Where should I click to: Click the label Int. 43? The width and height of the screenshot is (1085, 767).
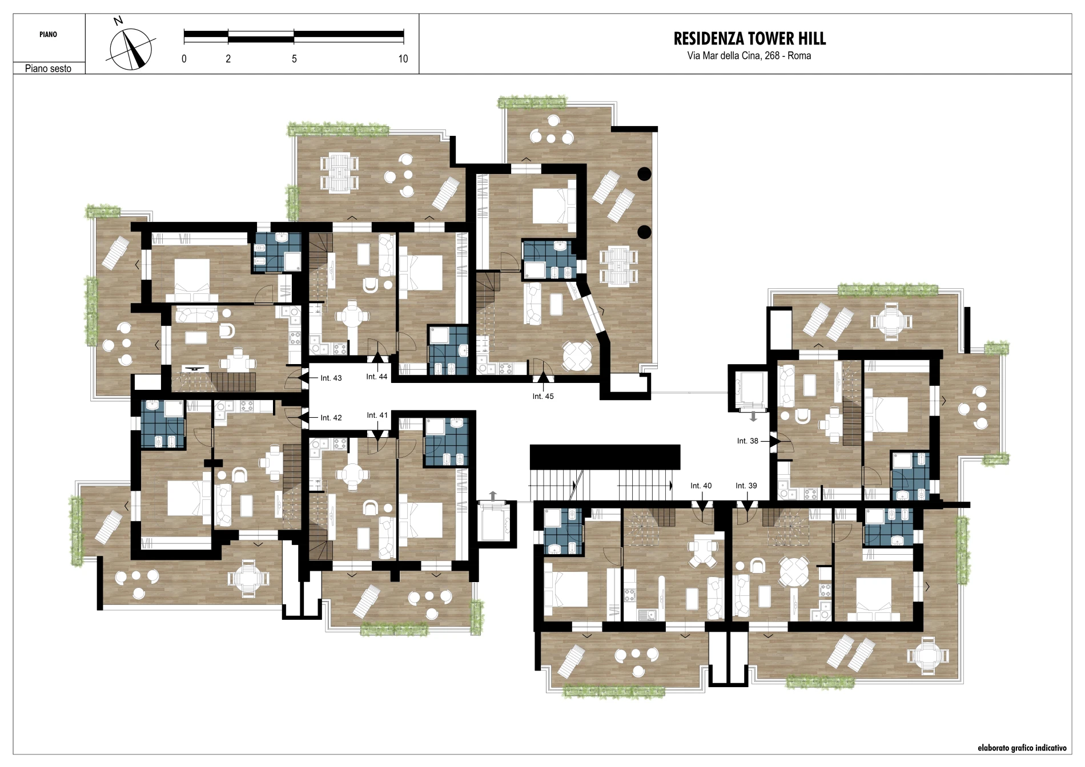coord(331,378)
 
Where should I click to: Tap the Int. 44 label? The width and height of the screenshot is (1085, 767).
coord(377,377)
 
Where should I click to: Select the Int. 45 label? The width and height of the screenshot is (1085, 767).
coord(543,396)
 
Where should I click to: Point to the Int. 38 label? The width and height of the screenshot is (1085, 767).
coord(748,441)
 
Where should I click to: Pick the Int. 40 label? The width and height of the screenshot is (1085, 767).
coord(701,486)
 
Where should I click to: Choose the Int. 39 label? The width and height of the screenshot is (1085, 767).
coord(746,486)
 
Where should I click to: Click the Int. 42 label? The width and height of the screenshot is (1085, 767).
coord(331,418)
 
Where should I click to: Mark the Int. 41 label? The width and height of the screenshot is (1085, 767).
coord(377,415)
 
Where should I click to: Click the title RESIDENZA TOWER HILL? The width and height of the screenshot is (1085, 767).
coord(750,39)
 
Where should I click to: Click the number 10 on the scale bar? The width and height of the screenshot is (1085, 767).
coord(403,59)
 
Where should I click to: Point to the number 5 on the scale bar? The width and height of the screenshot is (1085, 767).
coord(294,59)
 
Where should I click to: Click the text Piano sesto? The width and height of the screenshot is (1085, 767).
coord(49,68)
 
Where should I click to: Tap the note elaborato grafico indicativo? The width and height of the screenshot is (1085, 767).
coord(1022,748)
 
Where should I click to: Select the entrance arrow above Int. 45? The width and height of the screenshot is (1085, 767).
coord(543,377)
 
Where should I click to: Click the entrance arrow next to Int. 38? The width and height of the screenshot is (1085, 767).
coord(774,441)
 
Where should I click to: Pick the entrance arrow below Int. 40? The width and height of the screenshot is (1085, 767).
coord(701,506)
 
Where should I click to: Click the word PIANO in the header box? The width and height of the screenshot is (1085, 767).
coord(49,34)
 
